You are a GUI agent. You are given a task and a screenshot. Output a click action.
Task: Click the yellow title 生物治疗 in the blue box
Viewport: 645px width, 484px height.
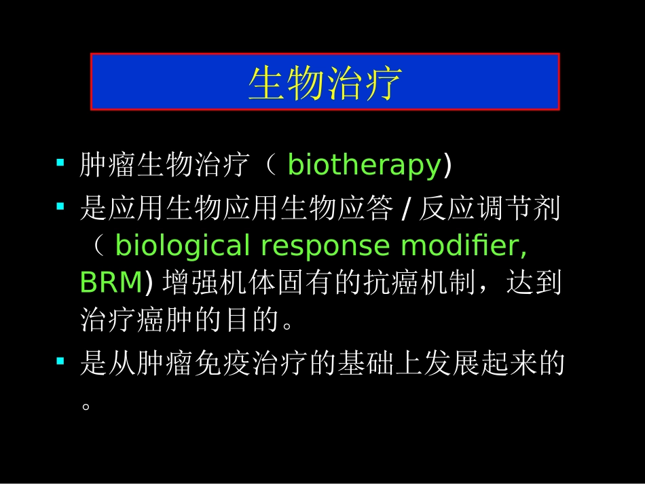tap(325, 83)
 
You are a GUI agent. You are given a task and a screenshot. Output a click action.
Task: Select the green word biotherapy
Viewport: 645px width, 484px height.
tap(365, 165)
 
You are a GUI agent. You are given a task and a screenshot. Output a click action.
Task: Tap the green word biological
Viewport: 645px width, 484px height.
tap(183, 246)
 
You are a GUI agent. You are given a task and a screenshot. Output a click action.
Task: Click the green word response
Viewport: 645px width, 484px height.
tap(325, 246)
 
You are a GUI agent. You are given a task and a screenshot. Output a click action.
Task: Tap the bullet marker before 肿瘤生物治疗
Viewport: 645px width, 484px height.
tap(60, 164)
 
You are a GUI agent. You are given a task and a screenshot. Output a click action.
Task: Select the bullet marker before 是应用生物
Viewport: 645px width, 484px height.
tap(60, 206)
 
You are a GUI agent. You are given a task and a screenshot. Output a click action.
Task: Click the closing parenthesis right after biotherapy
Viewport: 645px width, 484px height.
tap(447, 165)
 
